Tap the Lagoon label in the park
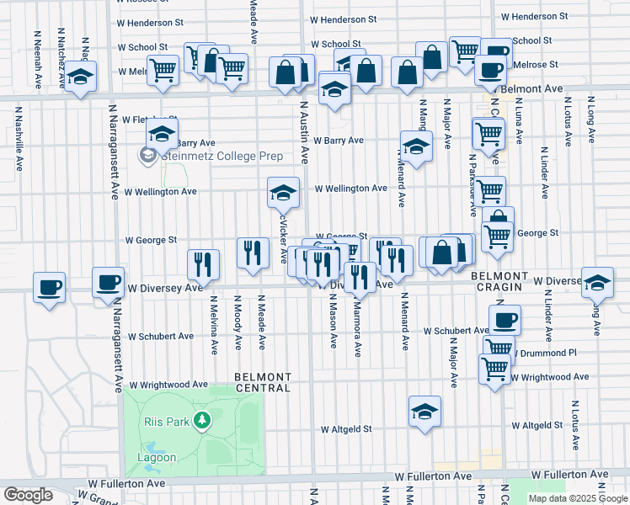coord(157,458)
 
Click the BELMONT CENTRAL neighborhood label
coord(263,382)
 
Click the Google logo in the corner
coord(28,495)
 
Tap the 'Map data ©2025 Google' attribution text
coord(577,498)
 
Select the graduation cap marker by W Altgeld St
coord(424,412)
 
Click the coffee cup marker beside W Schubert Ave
coord(505,320)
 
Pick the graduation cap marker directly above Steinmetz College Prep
coord(162,133)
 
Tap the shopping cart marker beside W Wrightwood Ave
coord(494,368)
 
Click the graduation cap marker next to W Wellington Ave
coord(284,194)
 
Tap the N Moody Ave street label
coord(238,322)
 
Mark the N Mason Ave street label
coord(334,323)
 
